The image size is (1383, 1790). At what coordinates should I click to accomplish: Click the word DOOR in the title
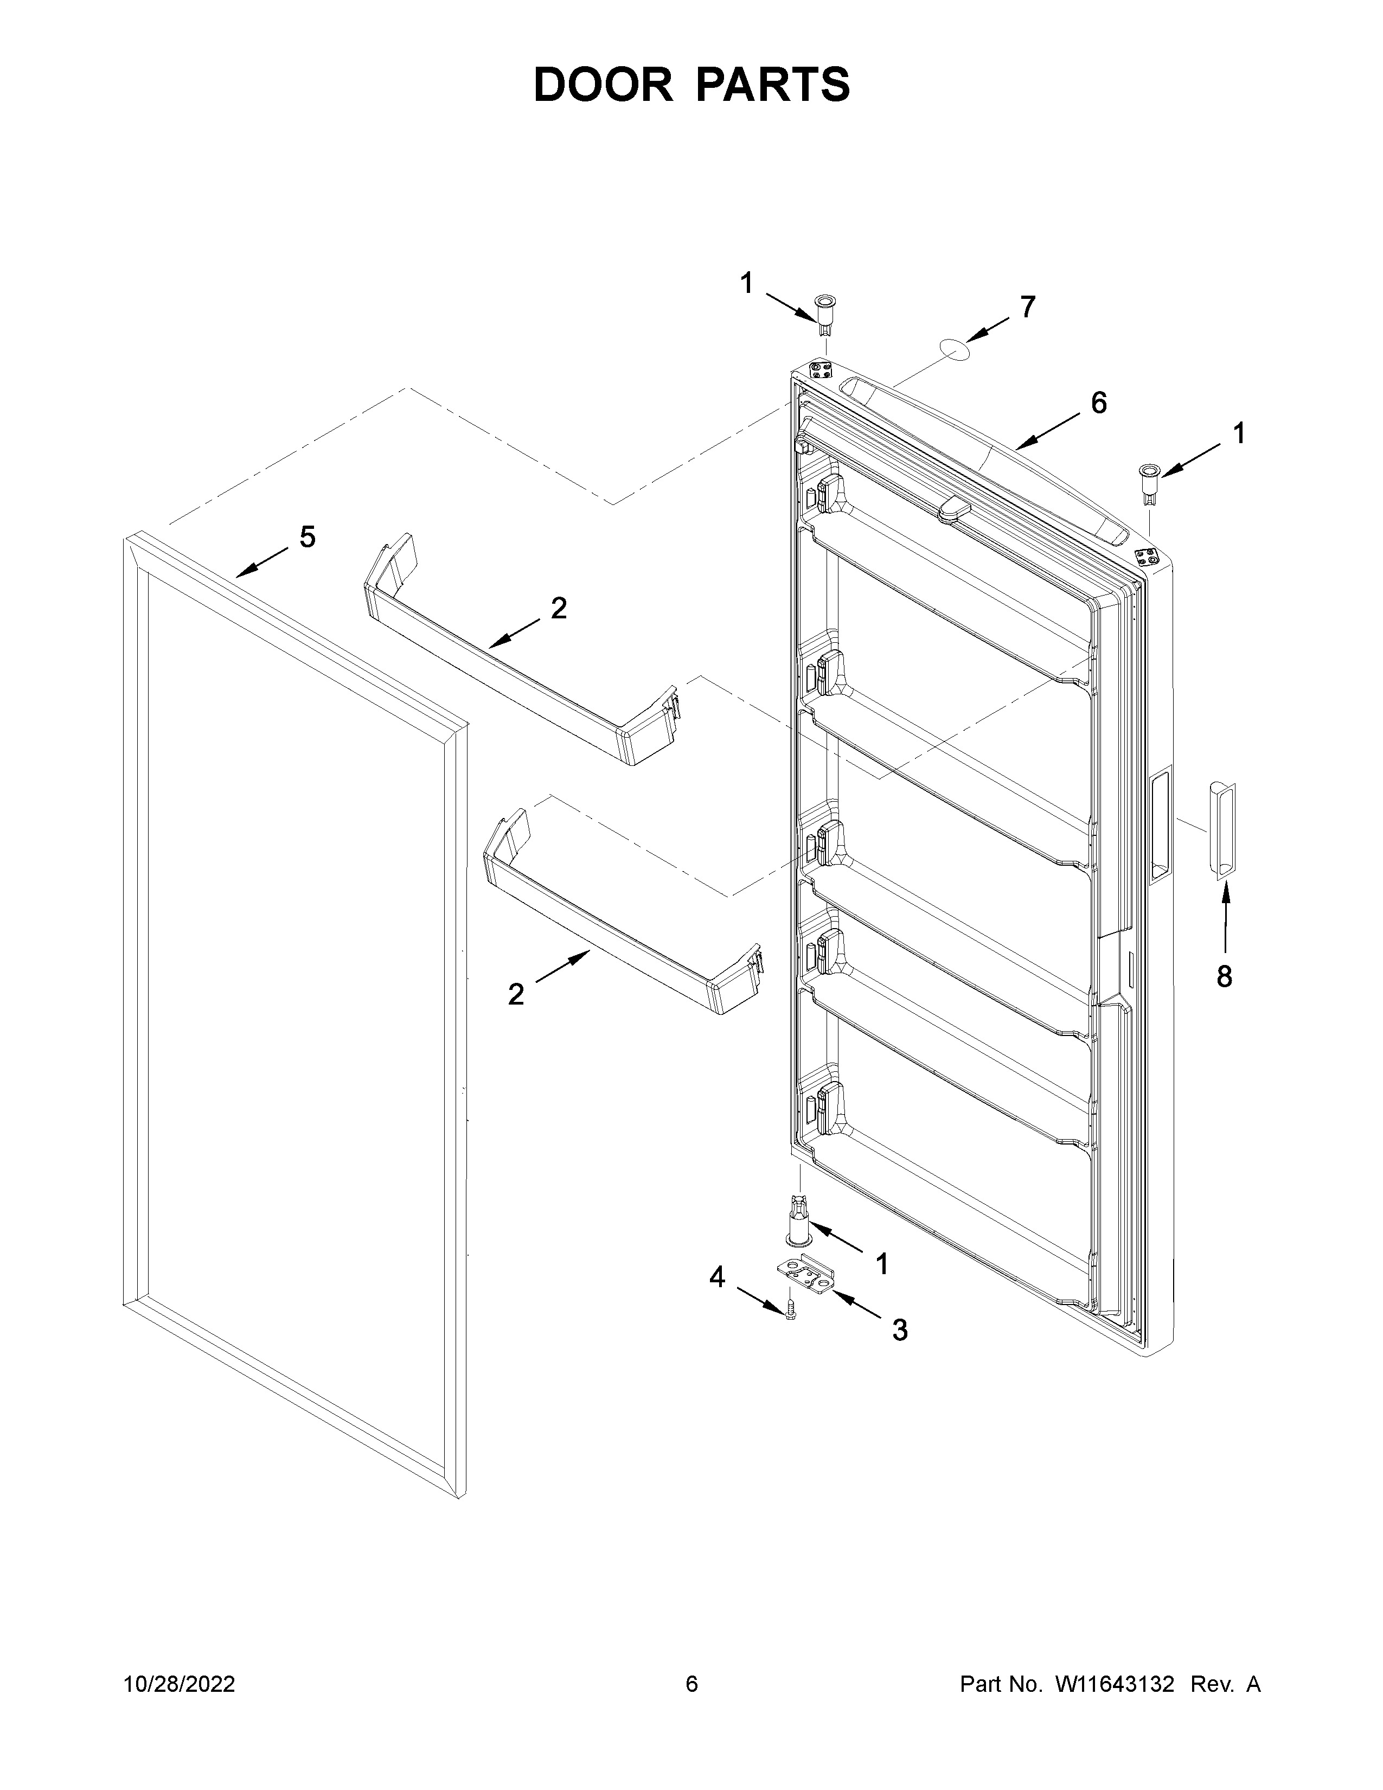(x=602, y=85)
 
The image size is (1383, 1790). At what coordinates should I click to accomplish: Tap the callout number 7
(x=1027, y=308)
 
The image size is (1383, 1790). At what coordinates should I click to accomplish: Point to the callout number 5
(x=307, y=538)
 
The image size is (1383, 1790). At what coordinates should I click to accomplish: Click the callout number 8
(x=1223, y=976)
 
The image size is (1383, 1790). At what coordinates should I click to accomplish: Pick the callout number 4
(x=717, y=1277)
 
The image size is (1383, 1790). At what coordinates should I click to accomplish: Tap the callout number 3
(x=900, y=1330)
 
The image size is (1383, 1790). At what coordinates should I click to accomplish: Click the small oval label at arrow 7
(x=953, y=348)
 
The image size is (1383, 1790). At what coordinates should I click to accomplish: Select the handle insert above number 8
(x=1220, y=830)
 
